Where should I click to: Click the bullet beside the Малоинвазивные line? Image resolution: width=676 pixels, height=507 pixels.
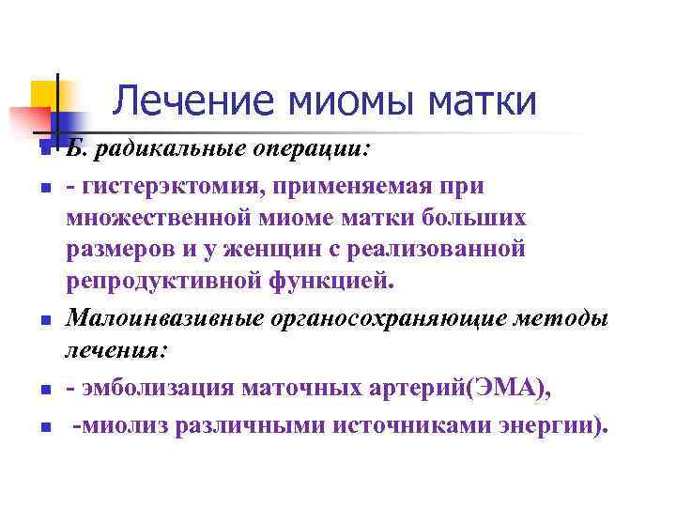[x=43, y=322]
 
